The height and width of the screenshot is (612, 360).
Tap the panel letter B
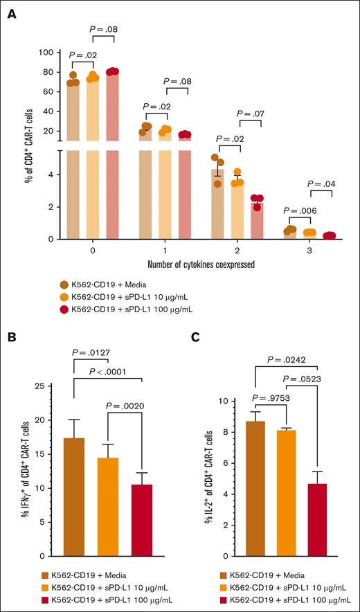12,337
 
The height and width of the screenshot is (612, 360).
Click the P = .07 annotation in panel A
251,113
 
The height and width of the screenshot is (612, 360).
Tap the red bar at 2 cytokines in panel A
255,220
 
